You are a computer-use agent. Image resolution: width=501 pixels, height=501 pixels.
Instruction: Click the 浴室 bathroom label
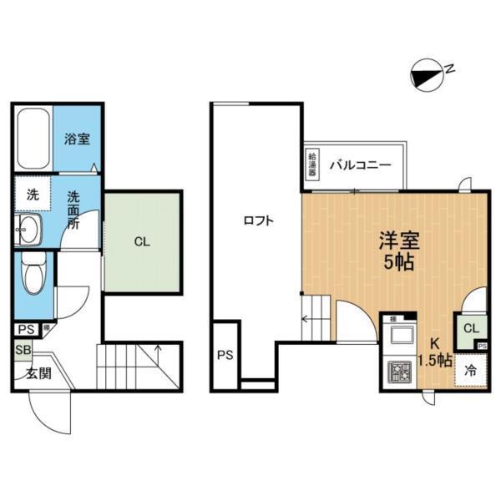78,139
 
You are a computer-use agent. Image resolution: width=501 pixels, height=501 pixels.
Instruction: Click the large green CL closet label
142,242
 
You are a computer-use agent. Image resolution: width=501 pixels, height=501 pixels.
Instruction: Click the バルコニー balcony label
360,164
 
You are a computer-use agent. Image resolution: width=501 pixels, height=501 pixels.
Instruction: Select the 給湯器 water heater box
311,162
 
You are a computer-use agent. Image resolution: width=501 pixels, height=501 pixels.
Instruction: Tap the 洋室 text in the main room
399,240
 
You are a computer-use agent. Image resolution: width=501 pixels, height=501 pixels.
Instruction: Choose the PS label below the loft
225,355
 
